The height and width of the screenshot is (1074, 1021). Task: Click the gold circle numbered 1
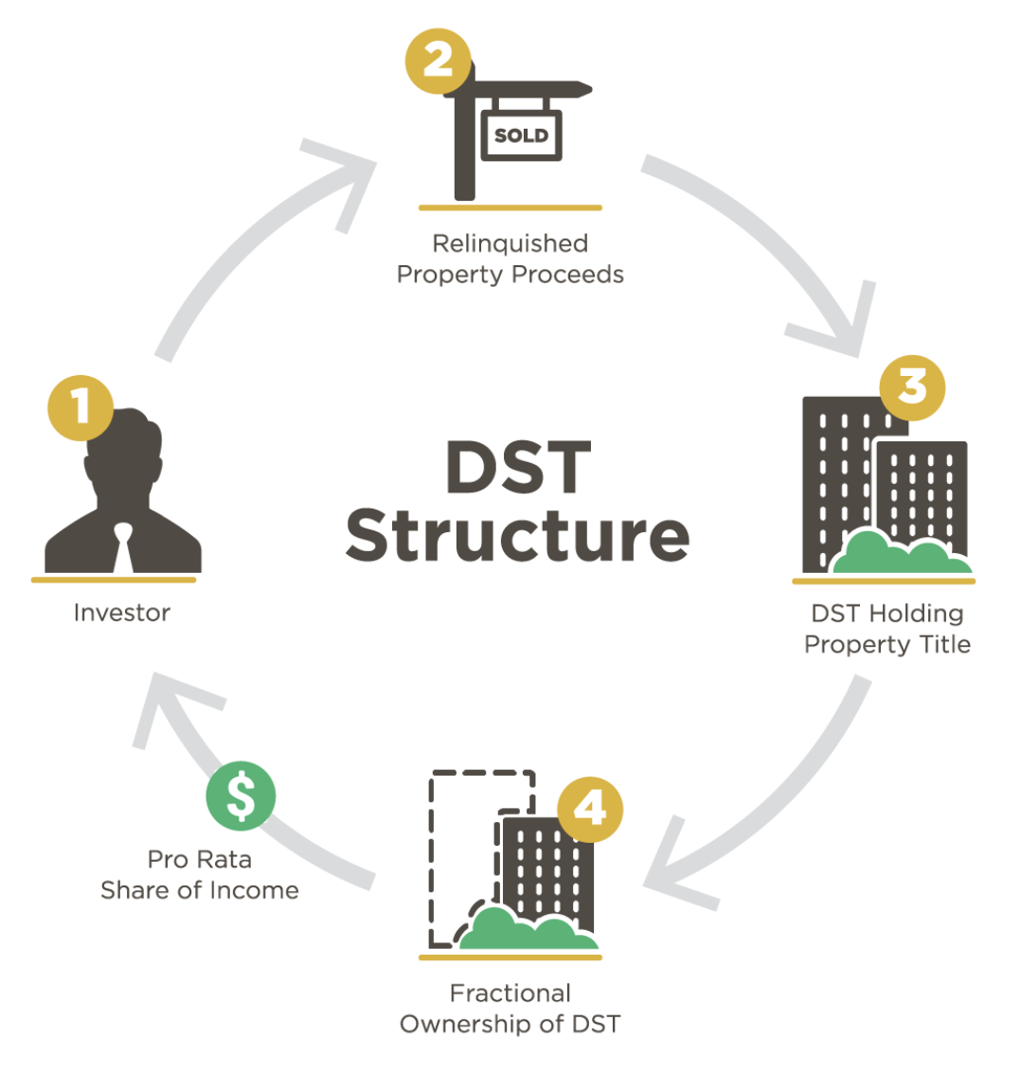point(81,407)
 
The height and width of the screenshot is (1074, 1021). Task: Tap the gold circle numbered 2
point(438,61)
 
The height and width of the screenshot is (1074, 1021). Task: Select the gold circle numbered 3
point(912,386)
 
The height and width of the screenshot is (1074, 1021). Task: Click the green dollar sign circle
point(241,796)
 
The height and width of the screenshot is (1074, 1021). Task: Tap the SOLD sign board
point(522,135)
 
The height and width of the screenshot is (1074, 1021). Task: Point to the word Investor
point(122,613)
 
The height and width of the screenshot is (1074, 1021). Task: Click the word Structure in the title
point(517,536)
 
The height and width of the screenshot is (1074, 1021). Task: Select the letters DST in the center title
point(518,467)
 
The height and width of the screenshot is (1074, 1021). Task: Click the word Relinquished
point(510,243)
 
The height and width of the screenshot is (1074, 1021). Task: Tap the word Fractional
point(510,993)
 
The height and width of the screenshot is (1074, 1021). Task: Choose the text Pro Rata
point(199,860)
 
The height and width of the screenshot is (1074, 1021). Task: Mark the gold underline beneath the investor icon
point(114,580)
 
